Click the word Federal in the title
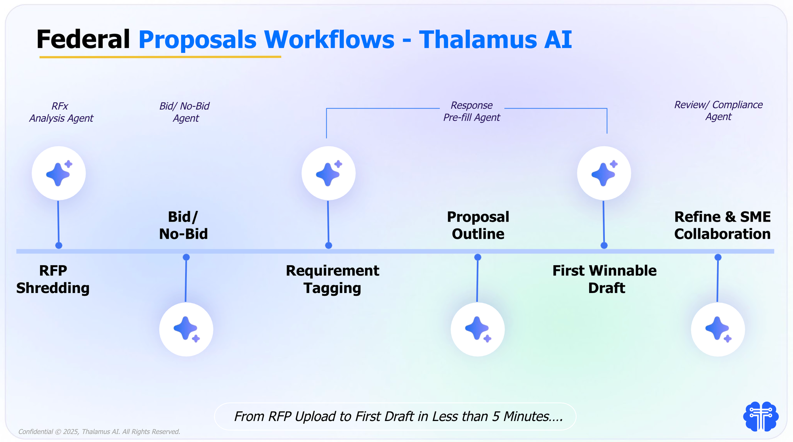click(83, 40)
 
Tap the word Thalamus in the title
click(478, 40)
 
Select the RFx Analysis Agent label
click(61, 112)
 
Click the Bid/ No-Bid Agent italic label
click(185, 112)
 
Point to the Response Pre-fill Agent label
click(471, 111)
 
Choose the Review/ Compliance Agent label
click(718, 111)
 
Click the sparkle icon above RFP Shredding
click(59, 173)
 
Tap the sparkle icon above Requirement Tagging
click(328, 173)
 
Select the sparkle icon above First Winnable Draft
click(604, 173)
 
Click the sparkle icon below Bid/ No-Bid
click(186, 329)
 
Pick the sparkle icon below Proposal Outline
click(477, 329)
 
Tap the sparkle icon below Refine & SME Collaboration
click(718, 329)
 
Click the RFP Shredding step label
click(53, 279)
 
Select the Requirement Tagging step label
click(332, 279)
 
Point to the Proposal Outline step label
click(478, 225)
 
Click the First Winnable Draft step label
click(605, 279)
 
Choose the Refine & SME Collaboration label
click(722, 225)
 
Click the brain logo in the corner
click(760, 416)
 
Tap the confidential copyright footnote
click(99, 432)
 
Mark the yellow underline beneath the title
click(160, 57)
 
